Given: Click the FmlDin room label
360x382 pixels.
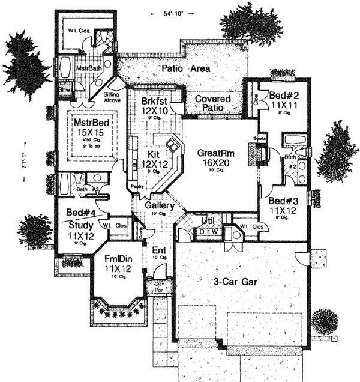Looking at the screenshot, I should [118, 260].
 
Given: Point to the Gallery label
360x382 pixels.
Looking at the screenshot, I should [160, 205].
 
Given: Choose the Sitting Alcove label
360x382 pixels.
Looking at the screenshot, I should [112, 99].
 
